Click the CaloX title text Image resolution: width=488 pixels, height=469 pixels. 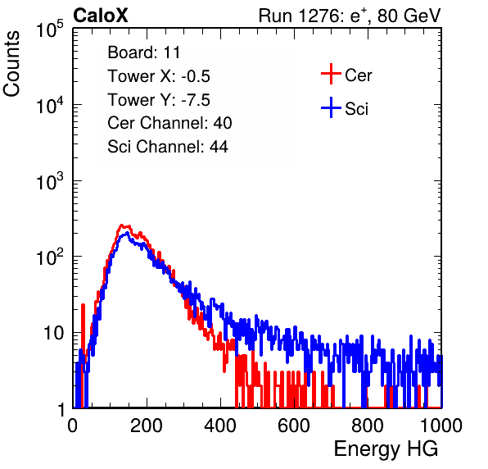[x=100, y=16]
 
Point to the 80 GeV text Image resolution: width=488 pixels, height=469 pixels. [x=409, y=16]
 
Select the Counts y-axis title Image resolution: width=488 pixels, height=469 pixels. [x=11, y=63]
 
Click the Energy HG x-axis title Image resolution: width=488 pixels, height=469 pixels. [x=386, y=449]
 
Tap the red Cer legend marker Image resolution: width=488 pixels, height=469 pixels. [x=331, y=74]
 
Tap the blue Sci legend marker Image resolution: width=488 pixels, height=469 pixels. [x=331, y=107]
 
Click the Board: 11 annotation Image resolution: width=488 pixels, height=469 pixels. [x=144, y=52]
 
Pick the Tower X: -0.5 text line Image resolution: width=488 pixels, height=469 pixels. [x=159, y=76]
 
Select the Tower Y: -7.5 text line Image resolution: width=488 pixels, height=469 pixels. [x=159, y=100]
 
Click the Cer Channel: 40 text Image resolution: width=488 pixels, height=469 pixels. [x=169, y=123]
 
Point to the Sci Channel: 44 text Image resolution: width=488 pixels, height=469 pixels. [x=168, y=147]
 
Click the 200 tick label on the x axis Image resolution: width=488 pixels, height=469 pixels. [x=147, y=426]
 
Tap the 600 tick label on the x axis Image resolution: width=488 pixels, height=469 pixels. [x=294, y=426]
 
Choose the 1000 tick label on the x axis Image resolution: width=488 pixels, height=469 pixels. [x=441, y=426]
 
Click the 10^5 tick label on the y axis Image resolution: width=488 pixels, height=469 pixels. [x=50, y=29]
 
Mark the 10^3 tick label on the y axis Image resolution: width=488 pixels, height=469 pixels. [x=50, y=181]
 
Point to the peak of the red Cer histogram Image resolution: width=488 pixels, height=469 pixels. [x=122, y=225]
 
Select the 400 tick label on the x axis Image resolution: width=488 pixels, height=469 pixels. [x=220, y=426]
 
